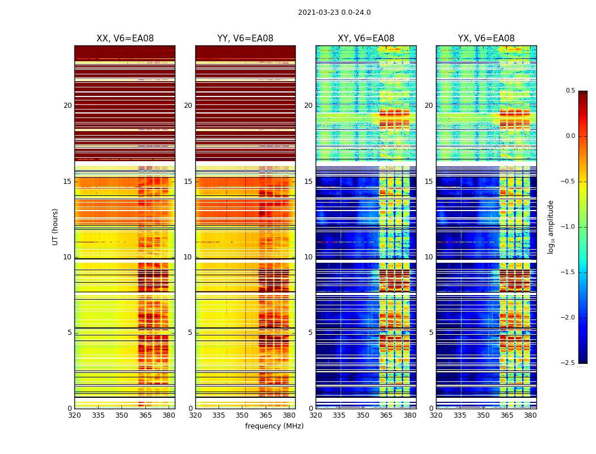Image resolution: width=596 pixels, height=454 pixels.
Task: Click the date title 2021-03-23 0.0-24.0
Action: (334, 12)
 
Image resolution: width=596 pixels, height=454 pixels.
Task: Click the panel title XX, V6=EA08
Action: (125, 39)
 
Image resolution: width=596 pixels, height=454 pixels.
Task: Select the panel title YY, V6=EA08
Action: (245, 39)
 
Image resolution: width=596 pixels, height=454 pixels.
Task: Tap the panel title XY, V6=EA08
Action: (366, 39)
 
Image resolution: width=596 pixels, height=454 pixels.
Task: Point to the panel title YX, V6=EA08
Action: (486, 39)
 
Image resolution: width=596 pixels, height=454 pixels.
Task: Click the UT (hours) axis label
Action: (56, 226)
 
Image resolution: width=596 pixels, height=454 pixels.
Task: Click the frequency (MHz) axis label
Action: (274, 426)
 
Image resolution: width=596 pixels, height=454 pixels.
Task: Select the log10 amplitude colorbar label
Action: (551, 226)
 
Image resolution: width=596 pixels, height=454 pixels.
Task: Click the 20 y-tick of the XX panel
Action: (68, 106)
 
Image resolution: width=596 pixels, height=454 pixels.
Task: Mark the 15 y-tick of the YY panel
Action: (188, 182)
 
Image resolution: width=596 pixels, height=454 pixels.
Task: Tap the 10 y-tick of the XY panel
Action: (309, 257)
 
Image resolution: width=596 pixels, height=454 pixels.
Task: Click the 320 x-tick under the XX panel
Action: (74, 415)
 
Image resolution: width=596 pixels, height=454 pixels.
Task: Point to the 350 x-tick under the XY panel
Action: (363, 415)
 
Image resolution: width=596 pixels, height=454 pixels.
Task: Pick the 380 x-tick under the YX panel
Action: (530, 415)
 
